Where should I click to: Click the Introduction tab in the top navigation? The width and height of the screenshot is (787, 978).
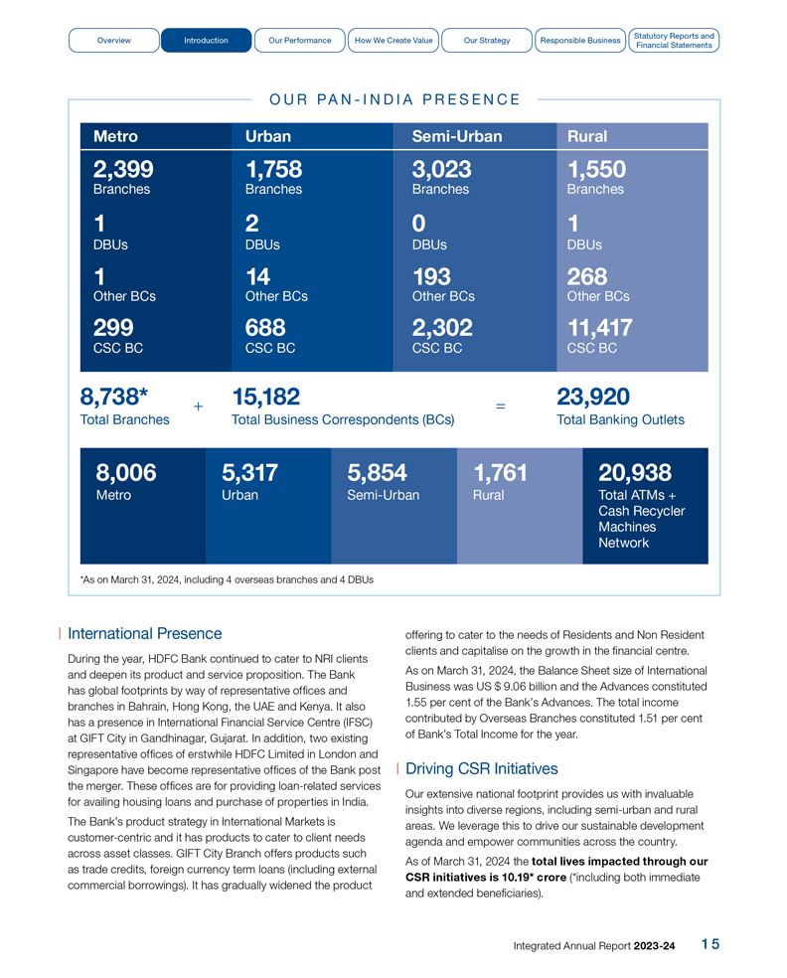(206, 41)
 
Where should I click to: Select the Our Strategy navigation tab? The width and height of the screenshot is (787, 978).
(487, 41)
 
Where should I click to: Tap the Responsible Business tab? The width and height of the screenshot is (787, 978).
(579, 41)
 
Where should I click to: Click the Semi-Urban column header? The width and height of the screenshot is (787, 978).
(457, 136)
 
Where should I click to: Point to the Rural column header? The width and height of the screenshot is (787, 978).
(587, 136)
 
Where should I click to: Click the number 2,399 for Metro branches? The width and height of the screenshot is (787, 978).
(123, 169)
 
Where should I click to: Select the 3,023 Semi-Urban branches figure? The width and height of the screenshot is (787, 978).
(441, 169)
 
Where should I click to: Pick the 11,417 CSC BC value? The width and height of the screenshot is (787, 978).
(599, 328)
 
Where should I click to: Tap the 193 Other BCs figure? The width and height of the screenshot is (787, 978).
(431, 275)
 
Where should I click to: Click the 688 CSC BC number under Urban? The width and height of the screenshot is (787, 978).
(265, 328)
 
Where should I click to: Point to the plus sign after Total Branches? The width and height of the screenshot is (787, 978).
(199, 407)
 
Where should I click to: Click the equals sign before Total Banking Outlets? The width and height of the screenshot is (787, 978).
(500, 407)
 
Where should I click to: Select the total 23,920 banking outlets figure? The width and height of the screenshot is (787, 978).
(593, 398)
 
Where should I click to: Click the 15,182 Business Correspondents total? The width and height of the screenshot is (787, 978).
(265, 398)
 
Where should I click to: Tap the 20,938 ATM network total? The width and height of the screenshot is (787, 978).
(635, 473)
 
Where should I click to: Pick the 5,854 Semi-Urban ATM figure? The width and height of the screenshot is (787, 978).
(378, 473)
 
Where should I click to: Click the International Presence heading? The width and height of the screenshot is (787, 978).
(145, 633)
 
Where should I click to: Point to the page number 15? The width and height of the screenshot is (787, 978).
(709, 944)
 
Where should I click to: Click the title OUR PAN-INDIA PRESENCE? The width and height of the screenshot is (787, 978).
(394, 99)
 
